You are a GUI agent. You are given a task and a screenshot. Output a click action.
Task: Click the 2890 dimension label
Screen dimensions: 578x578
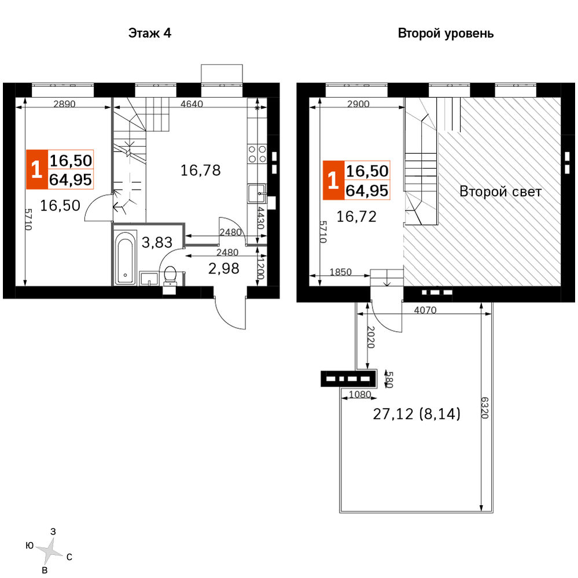click(64, 104)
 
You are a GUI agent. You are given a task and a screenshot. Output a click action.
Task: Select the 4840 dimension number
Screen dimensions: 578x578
click(192, 104)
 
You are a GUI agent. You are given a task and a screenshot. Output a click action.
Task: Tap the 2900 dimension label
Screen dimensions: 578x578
click(358, 104)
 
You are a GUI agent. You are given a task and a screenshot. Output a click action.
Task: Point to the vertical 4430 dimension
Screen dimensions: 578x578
click(260, 217)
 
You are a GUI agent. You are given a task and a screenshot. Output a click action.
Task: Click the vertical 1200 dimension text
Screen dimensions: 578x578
click(260, 269)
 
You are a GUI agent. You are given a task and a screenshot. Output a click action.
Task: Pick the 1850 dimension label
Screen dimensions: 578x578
click(341, 272)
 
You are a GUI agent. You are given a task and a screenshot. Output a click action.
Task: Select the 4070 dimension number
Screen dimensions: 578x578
click(425, 310)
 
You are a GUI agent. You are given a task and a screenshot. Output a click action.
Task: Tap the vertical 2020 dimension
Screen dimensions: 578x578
click(371, 337)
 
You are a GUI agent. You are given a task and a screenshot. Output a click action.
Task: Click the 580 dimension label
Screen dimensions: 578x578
click(389, 380)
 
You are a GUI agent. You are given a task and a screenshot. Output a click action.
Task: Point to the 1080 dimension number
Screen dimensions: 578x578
click(360, 394)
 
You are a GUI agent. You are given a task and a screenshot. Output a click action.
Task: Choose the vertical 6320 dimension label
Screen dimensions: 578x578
click(485, 407)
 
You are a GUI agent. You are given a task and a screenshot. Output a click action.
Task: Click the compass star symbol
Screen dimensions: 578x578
click(49, 551)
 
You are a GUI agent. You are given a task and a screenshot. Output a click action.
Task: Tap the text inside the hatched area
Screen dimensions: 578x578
click(500, 193)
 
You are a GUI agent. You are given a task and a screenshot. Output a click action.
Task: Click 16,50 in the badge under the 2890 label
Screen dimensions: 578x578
click(71, 160)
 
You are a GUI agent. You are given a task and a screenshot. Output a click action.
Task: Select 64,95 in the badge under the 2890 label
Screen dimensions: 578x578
click(71, 180)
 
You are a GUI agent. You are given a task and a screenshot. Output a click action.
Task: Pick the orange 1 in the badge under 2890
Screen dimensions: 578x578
click(36, 170)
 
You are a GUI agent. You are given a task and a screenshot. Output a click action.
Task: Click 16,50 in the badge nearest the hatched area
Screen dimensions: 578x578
click(367, 171)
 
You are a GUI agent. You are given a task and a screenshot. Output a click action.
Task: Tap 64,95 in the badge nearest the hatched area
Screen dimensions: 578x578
click(367, 191)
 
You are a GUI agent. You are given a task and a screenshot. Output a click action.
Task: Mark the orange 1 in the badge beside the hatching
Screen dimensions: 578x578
click(333, 181)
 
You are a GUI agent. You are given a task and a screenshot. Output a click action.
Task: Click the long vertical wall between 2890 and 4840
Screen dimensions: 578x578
click(112, 144)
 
